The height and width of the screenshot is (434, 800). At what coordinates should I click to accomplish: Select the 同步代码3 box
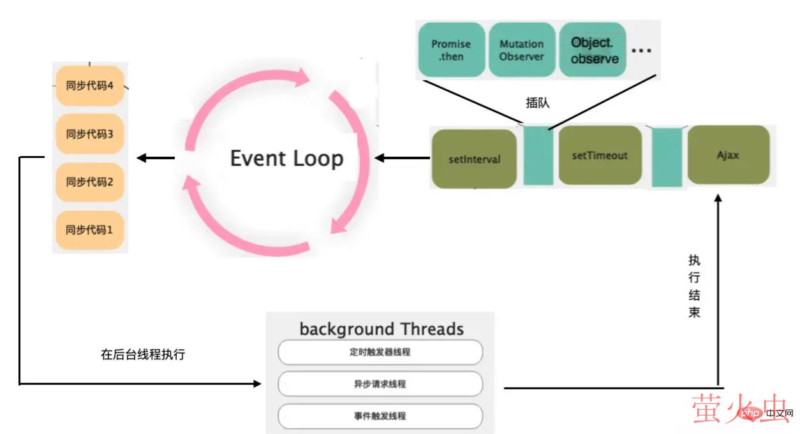(89, 134)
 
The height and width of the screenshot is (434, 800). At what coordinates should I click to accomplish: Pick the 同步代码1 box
(89, 230)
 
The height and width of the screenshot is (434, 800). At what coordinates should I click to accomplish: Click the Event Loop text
(286, 158)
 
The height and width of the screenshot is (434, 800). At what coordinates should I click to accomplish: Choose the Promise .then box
(450, 50)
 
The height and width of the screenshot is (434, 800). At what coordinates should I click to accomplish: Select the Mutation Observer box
(521, 50)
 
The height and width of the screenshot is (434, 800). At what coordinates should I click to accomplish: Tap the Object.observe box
(594, 50)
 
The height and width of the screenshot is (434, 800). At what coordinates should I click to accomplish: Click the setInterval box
(474, 159)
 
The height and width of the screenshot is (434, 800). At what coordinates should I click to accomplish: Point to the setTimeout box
(600, 156)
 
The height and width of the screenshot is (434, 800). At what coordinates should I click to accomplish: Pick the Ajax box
(727, 155)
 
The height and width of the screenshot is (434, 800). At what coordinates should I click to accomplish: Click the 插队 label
(537, 103)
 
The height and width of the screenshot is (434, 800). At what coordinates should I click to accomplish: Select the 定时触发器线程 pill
(380, 352)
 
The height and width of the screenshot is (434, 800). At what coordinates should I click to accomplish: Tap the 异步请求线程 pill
(380, 384)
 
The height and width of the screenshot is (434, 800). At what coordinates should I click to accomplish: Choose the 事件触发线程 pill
(380, 416)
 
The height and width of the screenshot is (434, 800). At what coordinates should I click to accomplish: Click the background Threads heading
(381, 329)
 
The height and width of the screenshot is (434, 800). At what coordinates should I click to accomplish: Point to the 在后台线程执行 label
(143, 355)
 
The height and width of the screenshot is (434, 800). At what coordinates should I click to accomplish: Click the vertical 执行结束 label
(694, 286)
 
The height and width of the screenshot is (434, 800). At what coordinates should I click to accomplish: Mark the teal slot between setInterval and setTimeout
(538, 156)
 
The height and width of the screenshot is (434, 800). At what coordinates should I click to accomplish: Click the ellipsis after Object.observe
(641, 50)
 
